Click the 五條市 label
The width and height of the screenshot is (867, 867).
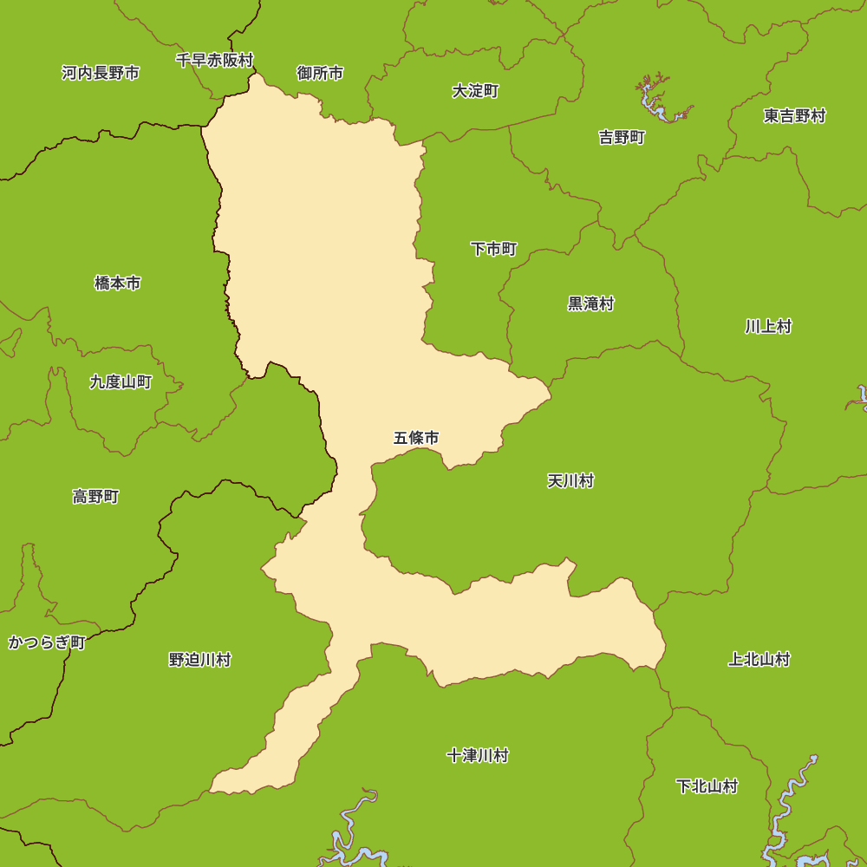tap(416, 438)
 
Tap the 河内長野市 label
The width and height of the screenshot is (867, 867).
tap(101, 73)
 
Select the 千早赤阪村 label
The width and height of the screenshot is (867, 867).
tap(214, 60)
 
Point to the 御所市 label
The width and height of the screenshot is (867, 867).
tap(320, 73)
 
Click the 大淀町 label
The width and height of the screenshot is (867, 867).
tap(475, 91)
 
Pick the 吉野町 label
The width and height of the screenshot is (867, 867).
tap(622, 137)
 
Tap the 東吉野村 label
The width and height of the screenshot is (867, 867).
tap(794, 115)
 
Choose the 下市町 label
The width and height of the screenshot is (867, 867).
tap(493, 250)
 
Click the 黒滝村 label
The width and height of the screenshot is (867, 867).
tap(590, 303)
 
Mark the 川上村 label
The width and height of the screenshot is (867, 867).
tap(768, 326)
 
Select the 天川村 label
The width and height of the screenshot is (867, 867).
tap(570, 480)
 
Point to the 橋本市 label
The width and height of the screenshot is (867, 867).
tap(117, 283)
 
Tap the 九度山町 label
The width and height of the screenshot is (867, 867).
tap(121, 381)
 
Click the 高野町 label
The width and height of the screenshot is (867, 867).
tap(95, 497)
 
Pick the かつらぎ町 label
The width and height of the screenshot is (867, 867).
tap(47, 642)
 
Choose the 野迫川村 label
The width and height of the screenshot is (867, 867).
tap(199, 660)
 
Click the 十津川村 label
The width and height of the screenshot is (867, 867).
tap(477, 755)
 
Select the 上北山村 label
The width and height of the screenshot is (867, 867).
tap(759, 659)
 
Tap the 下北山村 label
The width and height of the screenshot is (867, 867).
tap(707, 786)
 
